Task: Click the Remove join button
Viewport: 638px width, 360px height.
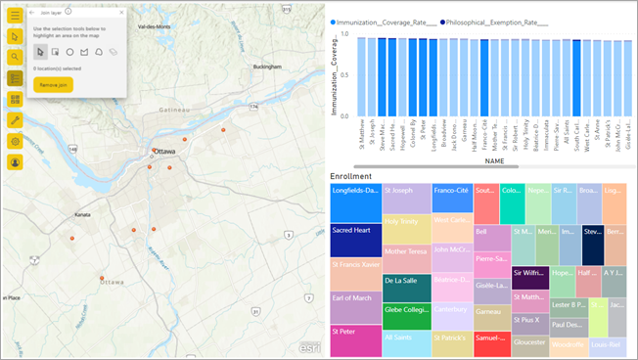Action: pos(53,85)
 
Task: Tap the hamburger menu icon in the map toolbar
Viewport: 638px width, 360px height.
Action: pos(15,15)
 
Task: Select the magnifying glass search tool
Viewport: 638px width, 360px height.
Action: pos(15,57)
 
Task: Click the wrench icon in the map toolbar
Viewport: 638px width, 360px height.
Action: pos(15,120)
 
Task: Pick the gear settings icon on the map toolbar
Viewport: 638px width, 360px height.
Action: pos(15,141)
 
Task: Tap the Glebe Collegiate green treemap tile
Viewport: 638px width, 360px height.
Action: pos(406,311)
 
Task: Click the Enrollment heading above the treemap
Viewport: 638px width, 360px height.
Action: pos(350,175)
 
